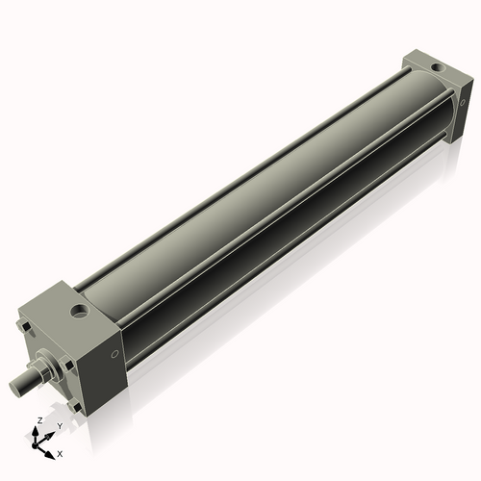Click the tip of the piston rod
(16, 388)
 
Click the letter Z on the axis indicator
(38, 421)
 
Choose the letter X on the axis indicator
(60, 452)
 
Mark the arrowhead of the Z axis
(38, 429)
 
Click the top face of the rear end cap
(433, 65)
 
